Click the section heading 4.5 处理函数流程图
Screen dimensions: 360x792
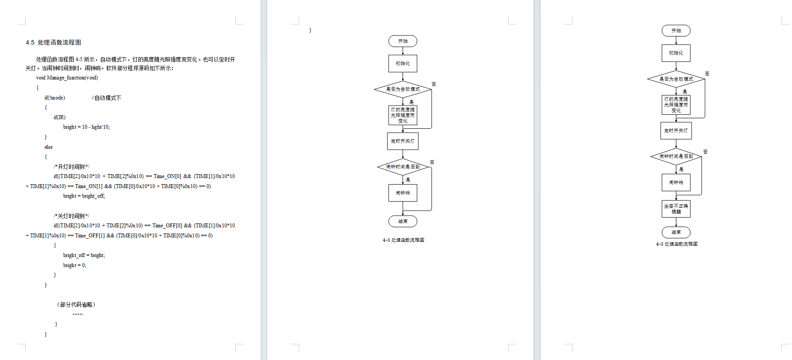53,42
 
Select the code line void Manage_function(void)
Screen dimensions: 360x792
67,78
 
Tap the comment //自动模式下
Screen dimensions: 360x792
106,98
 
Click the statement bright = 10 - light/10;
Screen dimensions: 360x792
86,127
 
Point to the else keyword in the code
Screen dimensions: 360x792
48,147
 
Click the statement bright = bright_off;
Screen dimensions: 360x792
84,196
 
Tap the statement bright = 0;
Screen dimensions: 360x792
75,265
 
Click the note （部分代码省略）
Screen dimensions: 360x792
76,305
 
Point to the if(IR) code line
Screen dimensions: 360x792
59,117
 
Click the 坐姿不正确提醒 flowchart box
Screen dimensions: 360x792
676,209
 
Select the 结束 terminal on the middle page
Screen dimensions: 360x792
403,221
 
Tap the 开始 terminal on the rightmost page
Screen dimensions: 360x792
676,31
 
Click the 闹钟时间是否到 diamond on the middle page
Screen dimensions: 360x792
403,167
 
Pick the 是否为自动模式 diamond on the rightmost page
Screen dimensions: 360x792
676,79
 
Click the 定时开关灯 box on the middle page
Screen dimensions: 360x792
403,141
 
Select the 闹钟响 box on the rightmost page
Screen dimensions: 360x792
676,182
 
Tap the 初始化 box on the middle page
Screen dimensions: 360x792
403,63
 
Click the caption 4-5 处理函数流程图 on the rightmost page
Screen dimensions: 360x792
676,244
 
